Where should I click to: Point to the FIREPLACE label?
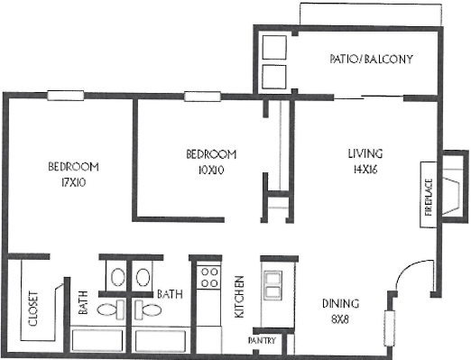click(429, 198)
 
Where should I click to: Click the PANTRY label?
click(262, 340)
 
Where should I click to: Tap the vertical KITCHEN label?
click(240, 297)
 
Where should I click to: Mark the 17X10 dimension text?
click(73, 182)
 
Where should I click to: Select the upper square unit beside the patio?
click(274, 47)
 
